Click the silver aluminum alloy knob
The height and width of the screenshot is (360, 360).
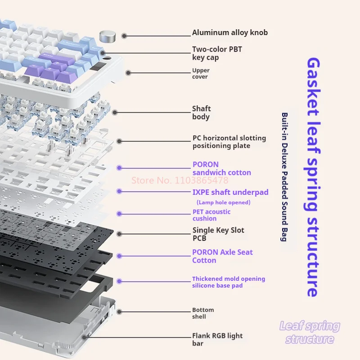point(107,36)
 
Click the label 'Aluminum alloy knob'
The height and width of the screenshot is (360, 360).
point(229,32)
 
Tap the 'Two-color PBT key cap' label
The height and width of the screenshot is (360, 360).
point(217,53)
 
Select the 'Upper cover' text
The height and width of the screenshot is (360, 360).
point(201,74)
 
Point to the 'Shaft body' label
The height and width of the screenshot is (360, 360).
point(201,112)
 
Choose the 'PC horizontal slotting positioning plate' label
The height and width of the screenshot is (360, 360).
point(229,142)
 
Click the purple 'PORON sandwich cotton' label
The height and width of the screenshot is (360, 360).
point(221,168)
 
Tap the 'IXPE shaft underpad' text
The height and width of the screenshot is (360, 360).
point(230,193)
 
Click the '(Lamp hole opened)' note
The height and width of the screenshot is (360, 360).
point(223,202)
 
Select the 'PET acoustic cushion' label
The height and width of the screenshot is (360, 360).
point(211,215)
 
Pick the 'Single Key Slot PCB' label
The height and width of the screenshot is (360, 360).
point(218,234)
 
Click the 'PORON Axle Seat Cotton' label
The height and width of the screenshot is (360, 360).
point(222,256)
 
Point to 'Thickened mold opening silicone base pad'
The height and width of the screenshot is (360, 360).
point(228,282)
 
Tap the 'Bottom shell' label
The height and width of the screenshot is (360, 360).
point(203,313)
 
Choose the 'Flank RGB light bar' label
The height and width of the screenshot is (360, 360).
point(217,340)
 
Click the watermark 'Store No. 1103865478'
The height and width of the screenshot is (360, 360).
point(180,180)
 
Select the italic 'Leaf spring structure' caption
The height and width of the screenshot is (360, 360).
point(310,333)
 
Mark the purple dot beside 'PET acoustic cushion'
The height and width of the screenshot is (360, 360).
point(119,213)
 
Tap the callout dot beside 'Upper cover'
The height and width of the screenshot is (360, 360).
point(129,72)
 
